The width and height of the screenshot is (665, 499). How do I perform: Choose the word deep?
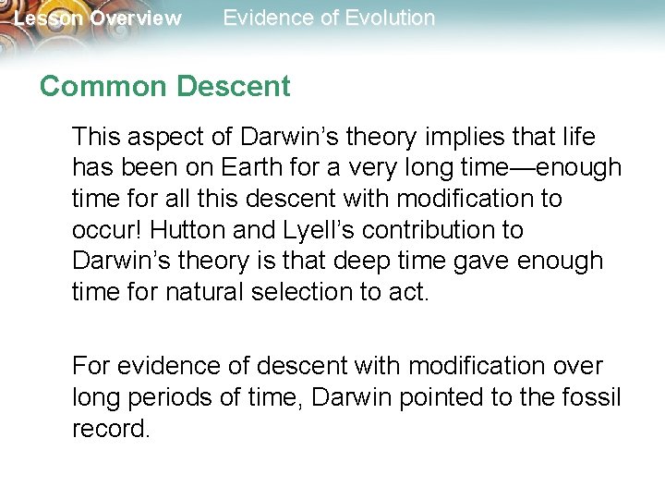378,261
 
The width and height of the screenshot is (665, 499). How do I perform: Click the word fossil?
595,397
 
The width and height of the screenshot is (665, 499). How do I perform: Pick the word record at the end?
110,429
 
